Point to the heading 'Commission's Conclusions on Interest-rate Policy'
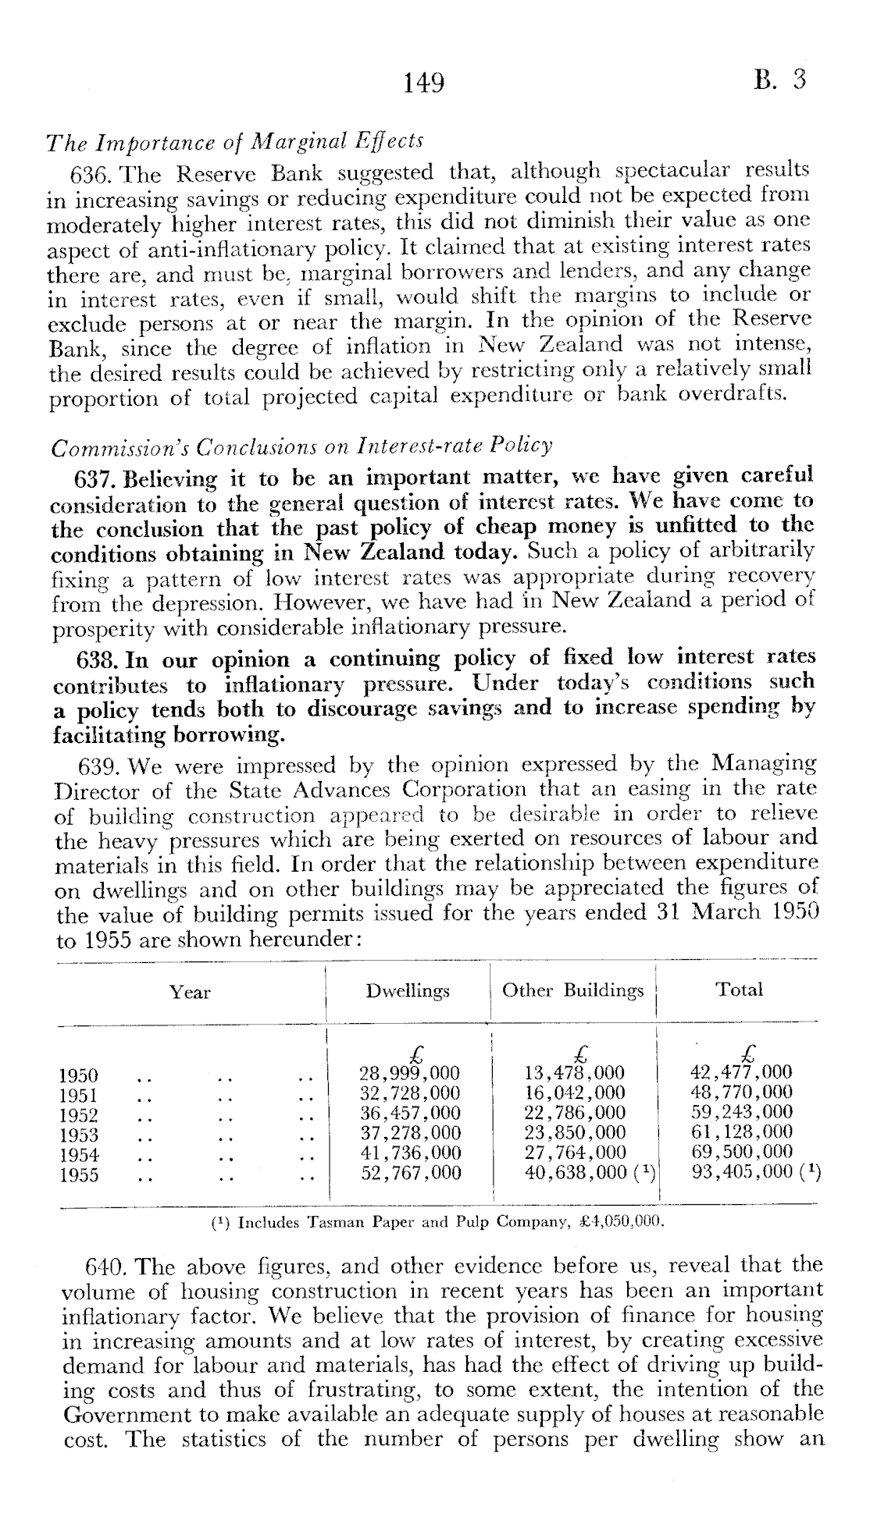301,447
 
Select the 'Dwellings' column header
408,991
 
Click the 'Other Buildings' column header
572,991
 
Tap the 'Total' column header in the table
739,990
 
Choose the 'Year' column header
191,992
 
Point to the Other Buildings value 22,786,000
574,1113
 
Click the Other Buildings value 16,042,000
574,1093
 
